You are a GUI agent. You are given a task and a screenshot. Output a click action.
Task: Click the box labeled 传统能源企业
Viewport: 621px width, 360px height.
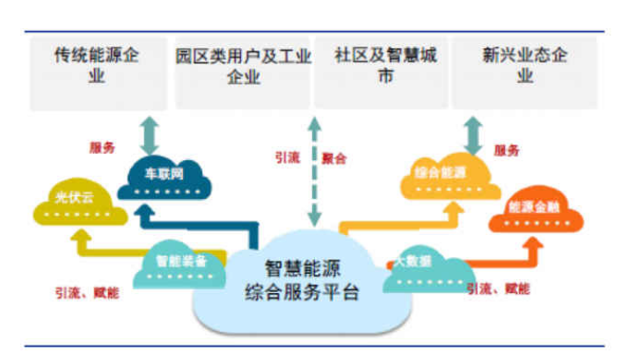tap(97, 71)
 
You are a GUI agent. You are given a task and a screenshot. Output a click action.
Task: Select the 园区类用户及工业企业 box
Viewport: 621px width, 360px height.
tap(243, 71)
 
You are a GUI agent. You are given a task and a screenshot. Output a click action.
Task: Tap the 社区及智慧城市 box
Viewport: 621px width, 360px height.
tap(381, 71)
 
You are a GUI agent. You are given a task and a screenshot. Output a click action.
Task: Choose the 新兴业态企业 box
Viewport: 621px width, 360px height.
tap(524, 71)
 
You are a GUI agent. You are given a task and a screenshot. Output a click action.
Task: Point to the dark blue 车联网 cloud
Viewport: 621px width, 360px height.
tap(164, 178)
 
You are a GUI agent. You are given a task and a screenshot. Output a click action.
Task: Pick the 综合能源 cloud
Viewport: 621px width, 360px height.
tap(448, 179)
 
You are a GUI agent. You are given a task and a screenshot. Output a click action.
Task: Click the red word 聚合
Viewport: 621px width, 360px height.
tap(334, 158)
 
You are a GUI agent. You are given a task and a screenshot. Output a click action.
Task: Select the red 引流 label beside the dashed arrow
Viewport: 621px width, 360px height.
tap(288, 158)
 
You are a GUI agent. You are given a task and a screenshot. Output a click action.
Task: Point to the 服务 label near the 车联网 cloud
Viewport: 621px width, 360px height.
tap(101, 149)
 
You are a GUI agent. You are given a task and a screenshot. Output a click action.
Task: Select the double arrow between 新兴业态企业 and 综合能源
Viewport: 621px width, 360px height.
tap(474, 135)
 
